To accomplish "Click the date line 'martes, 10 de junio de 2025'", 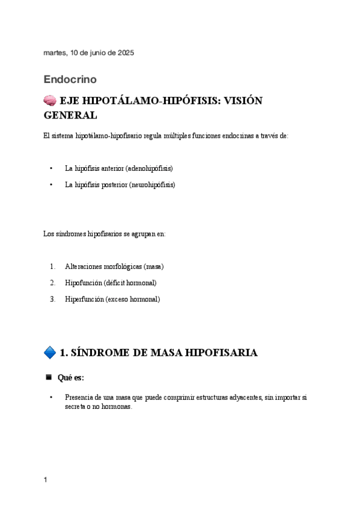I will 89,53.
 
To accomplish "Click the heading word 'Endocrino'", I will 70,79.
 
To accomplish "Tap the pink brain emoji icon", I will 50,101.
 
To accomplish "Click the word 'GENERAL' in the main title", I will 70,115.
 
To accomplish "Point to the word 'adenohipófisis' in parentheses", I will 150,168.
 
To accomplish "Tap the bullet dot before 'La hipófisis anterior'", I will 52,168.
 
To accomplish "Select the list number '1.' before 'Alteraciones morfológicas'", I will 53,266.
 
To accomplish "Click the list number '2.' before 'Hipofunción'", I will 53,282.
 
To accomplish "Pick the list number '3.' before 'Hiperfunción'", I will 53,298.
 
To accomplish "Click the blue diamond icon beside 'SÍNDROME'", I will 50,353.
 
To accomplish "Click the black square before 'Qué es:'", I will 49,378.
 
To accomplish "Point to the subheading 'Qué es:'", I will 71,378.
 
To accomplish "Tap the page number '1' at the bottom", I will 46,479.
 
